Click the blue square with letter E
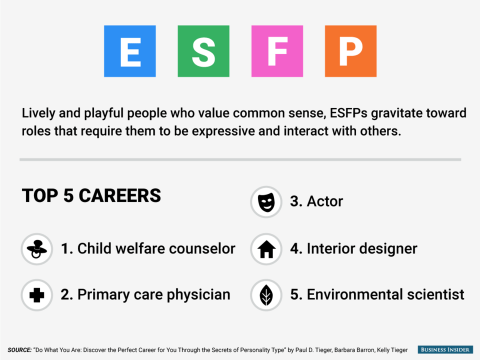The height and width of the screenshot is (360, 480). pos(130,51)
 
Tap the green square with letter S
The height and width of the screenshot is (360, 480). pos(203,51)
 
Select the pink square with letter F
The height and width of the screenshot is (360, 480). pos(277,51)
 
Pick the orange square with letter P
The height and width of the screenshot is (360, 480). pos(351,51)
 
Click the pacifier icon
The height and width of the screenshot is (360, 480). pos(36,249)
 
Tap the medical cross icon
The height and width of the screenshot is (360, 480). pos(36,295)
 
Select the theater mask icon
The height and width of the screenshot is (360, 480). pos(266,202)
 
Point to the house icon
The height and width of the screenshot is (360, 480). pos(266,249)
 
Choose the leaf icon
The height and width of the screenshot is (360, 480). pos(266,295)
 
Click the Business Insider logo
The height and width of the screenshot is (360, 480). pos(445,349)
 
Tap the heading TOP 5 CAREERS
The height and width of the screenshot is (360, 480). pos(91,195)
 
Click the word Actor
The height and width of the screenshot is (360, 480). pos(325,201)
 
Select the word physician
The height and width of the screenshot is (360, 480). pos(198,295)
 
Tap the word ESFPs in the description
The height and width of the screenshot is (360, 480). pos(348,113)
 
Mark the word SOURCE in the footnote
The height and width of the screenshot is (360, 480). pos(19,350)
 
